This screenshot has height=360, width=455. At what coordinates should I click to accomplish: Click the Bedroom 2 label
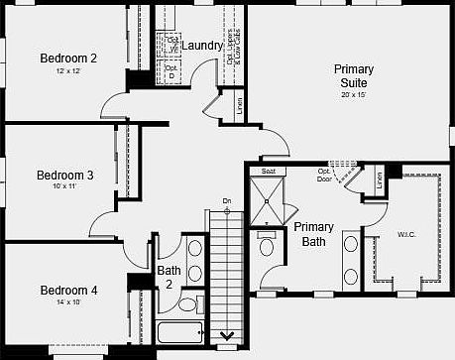[67, 58]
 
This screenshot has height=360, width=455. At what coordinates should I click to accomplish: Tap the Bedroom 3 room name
[65, 175]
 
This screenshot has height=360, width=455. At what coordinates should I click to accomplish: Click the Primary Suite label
[354, 75]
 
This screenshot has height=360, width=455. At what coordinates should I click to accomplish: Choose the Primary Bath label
[313, 234]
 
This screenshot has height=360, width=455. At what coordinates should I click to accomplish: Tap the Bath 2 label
[169, 277]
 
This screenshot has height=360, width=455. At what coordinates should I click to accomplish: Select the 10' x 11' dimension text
[65, 187]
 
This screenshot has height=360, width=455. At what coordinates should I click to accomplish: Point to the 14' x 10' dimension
[68, 302]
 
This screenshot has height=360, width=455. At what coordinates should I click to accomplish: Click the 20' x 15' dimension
[354, 95]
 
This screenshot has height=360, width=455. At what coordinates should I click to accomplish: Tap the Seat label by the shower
[268, 172]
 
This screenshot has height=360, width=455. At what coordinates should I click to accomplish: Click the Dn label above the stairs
[227, 202]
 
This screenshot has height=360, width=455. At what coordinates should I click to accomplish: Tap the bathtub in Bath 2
[179, 331]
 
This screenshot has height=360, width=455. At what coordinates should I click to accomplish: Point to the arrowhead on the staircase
[227, 335]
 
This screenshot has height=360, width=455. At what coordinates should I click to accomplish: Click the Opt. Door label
[324, 177]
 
